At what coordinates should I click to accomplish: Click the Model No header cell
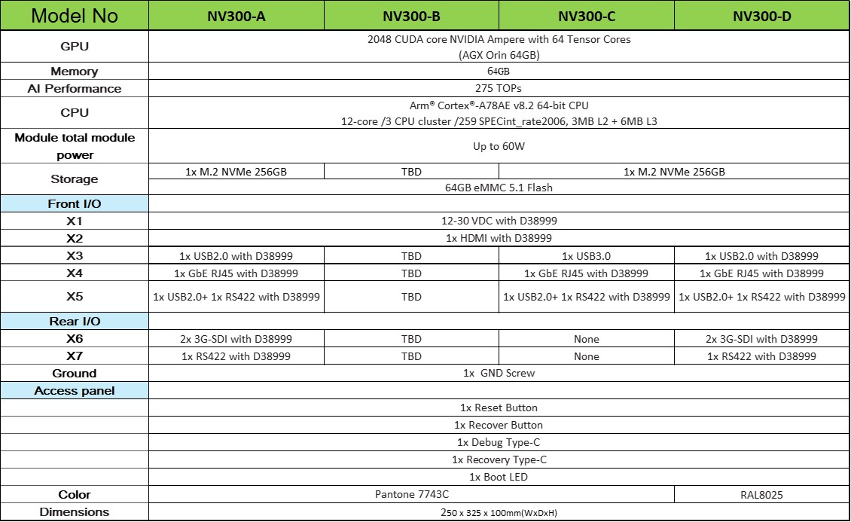click(75, 16)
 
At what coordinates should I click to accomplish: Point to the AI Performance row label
click(75, 88)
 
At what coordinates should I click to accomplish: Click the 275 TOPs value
click(498, 88)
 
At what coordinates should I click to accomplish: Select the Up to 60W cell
click(498, 146)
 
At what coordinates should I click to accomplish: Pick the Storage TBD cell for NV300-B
click(411, 171)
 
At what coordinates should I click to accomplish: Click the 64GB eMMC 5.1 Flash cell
click(498, 188)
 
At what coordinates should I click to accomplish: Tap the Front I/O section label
click(75, 204)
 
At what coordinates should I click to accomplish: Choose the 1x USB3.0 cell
click(586, 256)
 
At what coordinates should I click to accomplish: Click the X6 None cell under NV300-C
click(586, 339)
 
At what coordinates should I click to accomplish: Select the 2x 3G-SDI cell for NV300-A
click(236, 339)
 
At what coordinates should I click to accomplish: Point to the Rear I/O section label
click(75, 322)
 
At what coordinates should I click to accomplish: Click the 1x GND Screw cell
click(498, 373)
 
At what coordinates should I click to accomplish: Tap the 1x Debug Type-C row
click(498, 442)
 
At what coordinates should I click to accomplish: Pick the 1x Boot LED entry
click(498, 477)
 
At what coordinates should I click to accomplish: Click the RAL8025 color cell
click(761, 494)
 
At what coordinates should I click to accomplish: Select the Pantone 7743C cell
click(411, 494)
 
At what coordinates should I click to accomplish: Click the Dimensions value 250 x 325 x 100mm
click(498, 512)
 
